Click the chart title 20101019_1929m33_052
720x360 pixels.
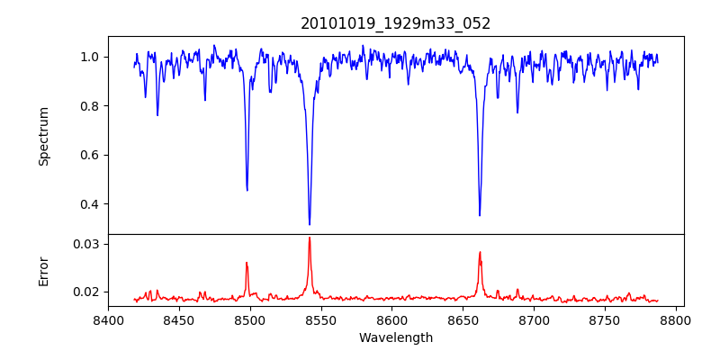[396, 23]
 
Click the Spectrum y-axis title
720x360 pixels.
[43, 136]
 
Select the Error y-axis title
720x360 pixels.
[43, 271]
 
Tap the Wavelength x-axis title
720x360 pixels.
[396, 338]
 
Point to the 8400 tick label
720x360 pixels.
[108, 320]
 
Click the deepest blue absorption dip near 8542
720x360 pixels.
[310, 224]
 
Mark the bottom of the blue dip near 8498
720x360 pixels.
[247, 190]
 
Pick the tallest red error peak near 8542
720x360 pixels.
[310, 238]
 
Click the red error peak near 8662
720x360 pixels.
[480, 252]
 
